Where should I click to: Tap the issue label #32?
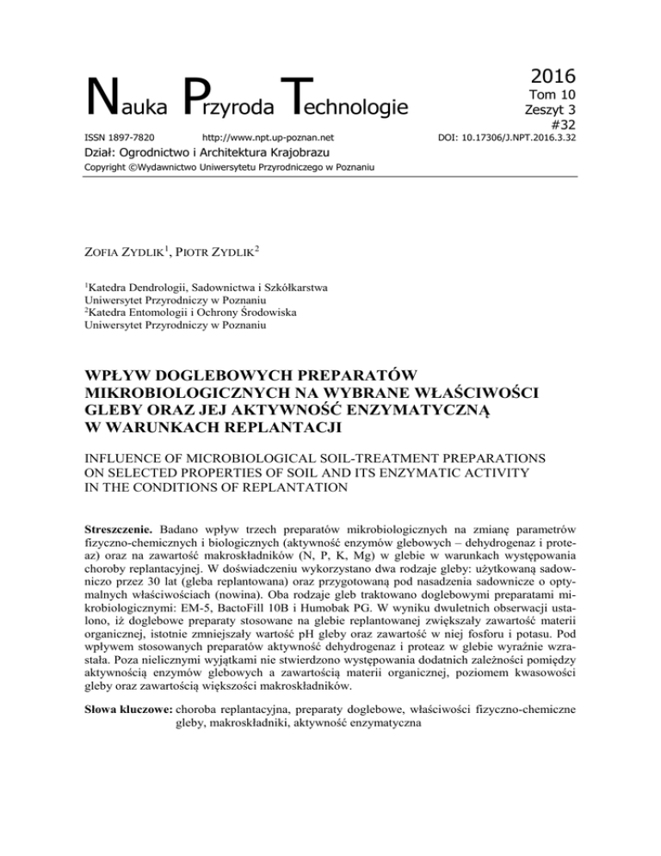click(x=560, y=124)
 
